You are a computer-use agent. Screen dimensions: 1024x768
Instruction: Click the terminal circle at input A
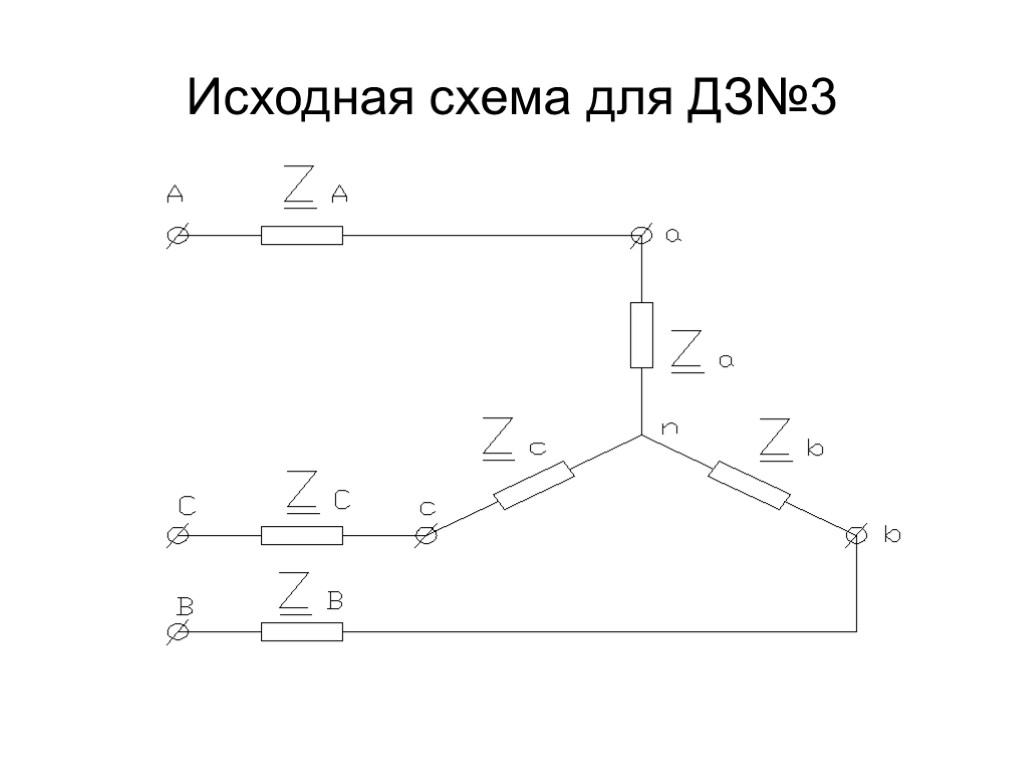[x=177, y=235]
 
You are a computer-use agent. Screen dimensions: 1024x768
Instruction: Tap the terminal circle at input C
[x=177, y=536]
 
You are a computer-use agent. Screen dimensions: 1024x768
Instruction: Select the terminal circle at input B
[x=177, y=632]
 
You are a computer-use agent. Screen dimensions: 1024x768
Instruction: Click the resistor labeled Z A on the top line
[x=302, y=235]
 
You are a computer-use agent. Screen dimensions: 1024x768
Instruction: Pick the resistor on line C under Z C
[x=302, y=536]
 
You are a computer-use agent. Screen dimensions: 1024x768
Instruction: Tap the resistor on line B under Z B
[x=302, y=632]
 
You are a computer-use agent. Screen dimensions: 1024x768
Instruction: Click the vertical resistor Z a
[x=641, y=334]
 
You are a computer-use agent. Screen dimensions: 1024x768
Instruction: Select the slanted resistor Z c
[x=534, y=485]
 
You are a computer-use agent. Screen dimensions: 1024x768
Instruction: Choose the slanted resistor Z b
[x=749, y=485]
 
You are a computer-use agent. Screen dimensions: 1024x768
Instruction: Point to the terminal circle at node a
[x=641, y=235]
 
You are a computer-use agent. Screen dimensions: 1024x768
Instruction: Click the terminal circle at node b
[x=856, y=536]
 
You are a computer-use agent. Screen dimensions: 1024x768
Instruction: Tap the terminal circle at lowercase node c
[x=427, y=536]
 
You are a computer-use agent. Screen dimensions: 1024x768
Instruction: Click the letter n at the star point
[x=671, y=427]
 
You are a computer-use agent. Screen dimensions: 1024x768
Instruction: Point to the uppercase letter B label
[x=184, y=607]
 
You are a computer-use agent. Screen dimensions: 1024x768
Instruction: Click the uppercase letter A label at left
[x=176, y=192]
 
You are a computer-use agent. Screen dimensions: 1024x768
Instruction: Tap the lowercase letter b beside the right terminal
[x=892, y=536]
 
